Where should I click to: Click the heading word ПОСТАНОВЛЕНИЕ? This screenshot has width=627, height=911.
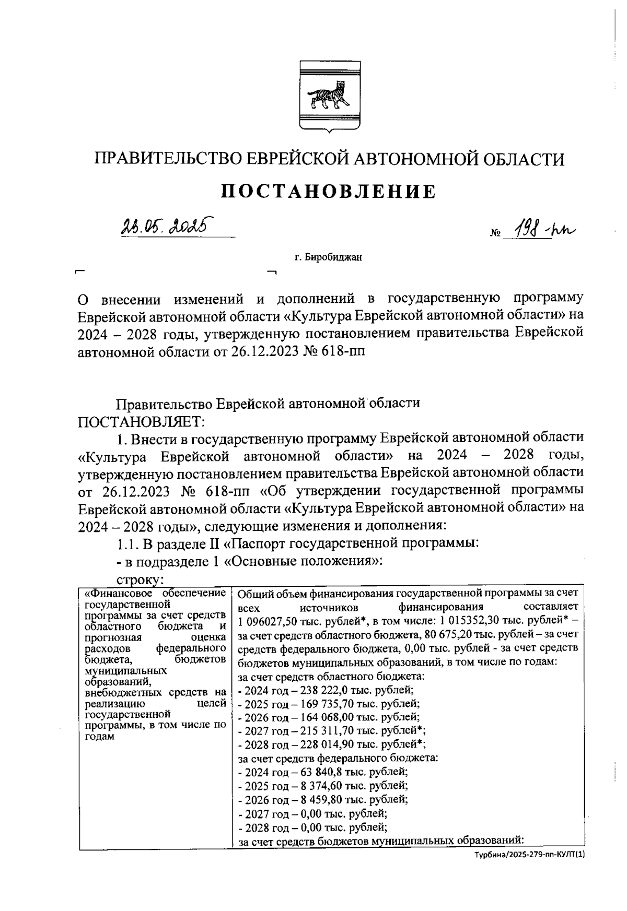tap(329, 192)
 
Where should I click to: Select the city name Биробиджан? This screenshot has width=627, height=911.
tap(328, 257)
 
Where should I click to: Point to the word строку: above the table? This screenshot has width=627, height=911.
tap(141, 579)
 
